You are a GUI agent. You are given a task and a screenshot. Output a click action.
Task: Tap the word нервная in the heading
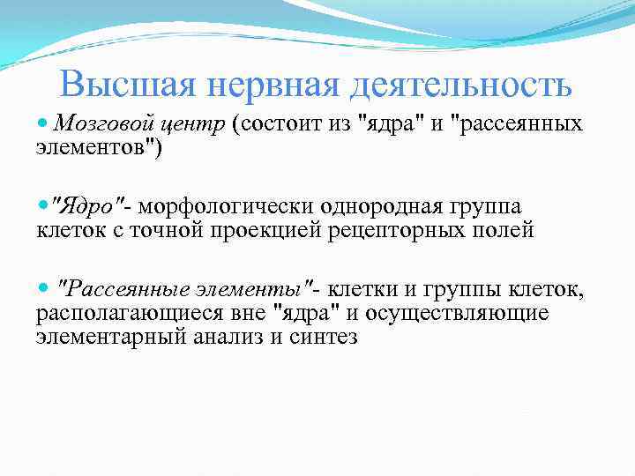(265, 86)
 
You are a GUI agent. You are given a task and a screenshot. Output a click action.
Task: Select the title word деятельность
(459, 86)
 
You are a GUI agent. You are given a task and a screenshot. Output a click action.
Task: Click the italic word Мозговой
(93, 124)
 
